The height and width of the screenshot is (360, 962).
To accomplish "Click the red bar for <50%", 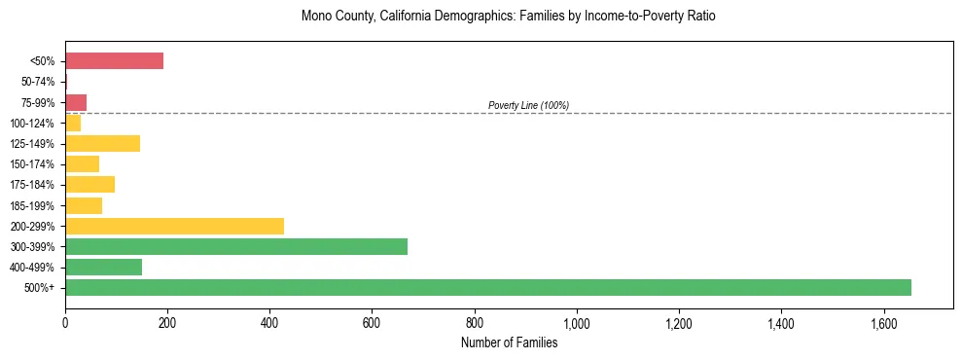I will point(114,61).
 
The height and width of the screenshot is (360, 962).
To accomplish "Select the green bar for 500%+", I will point(487,287).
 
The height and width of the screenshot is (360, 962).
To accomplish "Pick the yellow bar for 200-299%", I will point(174,226).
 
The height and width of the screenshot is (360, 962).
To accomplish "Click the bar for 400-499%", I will point(103,267).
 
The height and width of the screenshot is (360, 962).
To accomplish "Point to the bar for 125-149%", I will point(102,144).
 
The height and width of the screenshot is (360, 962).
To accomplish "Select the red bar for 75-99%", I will point(76,102).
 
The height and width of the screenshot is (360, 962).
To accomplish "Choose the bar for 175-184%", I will point(89,185).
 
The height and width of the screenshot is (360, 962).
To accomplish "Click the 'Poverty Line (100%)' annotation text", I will point(528,105).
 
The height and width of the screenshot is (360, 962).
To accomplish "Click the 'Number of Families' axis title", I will point(509,342).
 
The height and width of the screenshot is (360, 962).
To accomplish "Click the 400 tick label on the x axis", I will point(269,324).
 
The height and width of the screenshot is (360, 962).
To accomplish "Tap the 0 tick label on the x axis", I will point(65,324).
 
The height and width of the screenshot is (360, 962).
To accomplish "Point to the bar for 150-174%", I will point(82,164).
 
